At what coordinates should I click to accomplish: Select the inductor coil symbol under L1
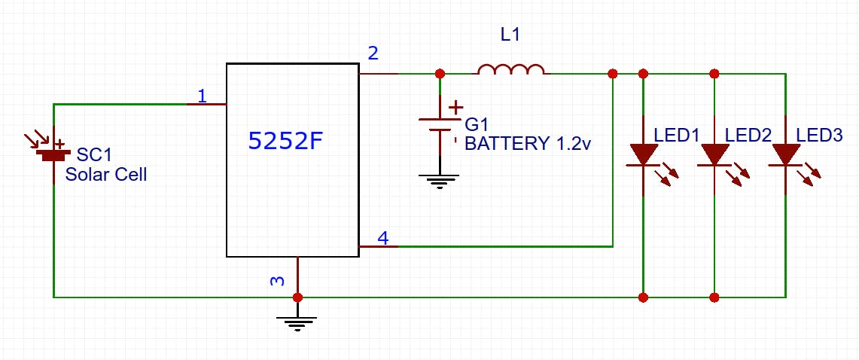[x=511, y=70]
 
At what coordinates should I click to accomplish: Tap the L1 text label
[x=510, y=35]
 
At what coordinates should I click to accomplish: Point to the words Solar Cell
[x=106, y=175]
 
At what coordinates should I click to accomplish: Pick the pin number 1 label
[x=201, y=96]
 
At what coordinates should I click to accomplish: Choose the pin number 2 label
[x=373, y=53]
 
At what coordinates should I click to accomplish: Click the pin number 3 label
[x=278, y=281]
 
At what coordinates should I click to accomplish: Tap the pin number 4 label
[x=382, y=239]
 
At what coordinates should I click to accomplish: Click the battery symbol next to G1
[x=440, y=124]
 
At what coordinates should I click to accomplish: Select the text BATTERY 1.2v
[x=527, y=143]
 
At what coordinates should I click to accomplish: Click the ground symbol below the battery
[x=440, y=179]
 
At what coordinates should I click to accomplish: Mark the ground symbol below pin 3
[x=297, y=322]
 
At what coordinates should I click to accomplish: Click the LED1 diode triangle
[x=643, y=154]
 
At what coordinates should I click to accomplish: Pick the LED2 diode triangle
[x=714, y=154]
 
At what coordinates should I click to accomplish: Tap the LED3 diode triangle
[x=785, y=154]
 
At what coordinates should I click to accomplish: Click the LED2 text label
[x=748, y=136]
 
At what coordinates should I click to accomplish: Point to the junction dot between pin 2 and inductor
[x=440, y=74]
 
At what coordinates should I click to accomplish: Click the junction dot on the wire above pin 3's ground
[x=297, y=297]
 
